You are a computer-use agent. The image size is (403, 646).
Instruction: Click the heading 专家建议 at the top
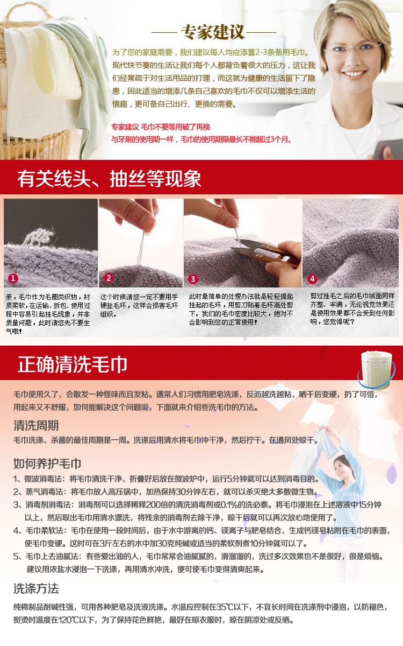point(213,32)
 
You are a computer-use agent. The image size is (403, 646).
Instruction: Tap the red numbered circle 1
point(13,278)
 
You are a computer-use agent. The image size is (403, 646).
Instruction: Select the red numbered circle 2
point(109,278)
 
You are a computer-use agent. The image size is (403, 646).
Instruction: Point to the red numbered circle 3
point(193,279)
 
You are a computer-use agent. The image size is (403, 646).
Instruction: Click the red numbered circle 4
point(312,279)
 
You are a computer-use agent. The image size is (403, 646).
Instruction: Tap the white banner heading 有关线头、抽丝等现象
point(109,179)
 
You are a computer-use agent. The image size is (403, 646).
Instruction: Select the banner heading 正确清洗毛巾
point(73,364)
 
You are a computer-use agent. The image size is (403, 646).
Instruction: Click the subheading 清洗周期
point(36,425)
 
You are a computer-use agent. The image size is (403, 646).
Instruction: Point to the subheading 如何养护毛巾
point(47,463)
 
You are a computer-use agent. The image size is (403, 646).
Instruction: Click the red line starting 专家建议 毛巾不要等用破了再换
point(161,127)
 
